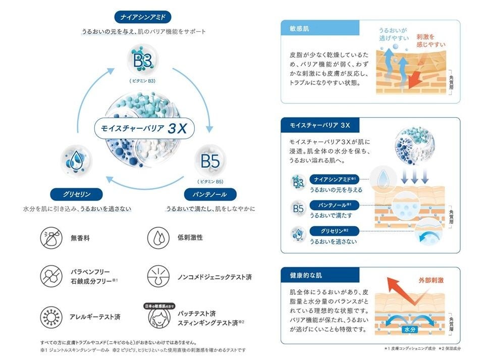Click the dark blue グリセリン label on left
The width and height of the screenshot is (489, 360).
77,194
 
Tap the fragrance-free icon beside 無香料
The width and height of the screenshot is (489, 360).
51,237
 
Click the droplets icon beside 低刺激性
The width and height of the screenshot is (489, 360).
158,237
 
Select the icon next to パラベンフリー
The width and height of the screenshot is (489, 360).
51,276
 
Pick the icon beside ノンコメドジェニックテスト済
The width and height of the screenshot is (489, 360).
158,276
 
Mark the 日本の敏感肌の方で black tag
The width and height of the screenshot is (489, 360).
158,306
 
